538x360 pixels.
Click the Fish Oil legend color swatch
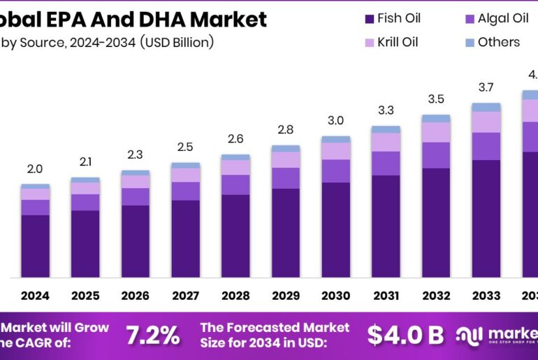pyautogui.click(x=369, y=18)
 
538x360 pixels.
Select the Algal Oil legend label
pyautogui.click(x=503, y=18)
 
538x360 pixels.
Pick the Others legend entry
pyautogui.click(x=499, y=42)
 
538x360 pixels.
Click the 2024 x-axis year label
pyautogui.click(x=35, y=296)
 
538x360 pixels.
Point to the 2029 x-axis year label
pyautogui.click(x=285, y=296)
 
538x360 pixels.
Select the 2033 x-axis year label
pyautogui.click(x=486, y=296)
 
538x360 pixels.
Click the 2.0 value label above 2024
pyautogui.click(x=35, y=169)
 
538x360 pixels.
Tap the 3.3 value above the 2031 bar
pyautogui.click(x=386, y=110)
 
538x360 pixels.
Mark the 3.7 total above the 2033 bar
pyautogui.click(x=486, y=87)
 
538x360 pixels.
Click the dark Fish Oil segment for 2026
pyautogui.click(x=135, y=241)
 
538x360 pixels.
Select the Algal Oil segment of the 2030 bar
pyautogui.click(x=335, y=171)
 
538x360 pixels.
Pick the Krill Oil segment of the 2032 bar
pyautogui.click(x=435, y=132)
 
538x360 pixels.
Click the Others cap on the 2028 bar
pyautogui.click(x=235, y=157)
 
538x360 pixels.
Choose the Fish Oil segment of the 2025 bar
pyautogui.click(x=85, y=243)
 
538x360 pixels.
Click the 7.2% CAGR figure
pyautogui.click(x=152, y=336)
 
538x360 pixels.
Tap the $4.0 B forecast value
pyautogui.click(x=405, y=336)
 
